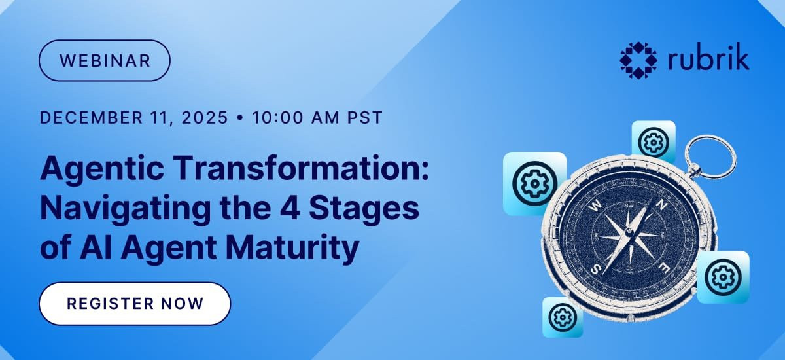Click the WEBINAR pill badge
[105, 60]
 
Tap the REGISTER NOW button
[135, 304]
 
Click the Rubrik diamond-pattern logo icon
[638, 60]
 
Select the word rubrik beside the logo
[708, 59]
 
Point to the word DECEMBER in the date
[91, 117]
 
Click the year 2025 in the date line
[205, 117]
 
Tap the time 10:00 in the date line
[277, 117]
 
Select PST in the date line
[364, 117]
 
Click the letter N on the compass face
[661, 205]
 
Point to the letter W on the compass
[595, 206]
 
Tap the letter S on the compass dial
[595, 270]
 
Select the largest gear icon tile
[535, 183]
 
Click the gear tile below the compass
[563, 317]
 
